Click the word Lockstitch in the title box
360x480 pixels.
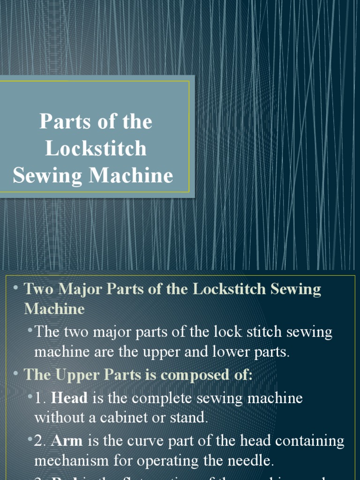click(96, 149)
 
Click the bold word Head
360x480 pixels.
click(69, 398)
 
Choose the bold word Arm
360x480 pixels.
click(67, 441)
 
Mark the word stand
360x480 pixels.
click(191, 418)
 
